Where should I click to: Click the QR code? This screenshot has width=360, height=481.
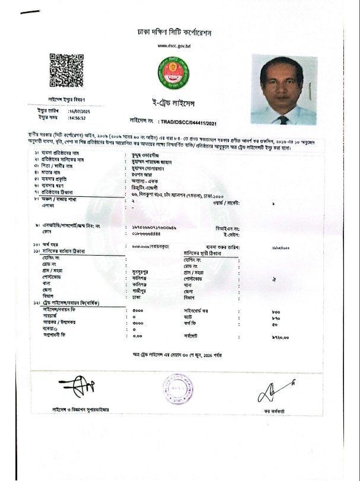click(x=65, y=71)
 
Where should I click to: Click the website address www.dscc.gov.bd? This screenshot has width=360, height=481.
click(x=174, y=46)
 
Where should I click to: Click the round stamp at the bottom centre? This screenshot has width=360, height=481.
click(x=173, y=390)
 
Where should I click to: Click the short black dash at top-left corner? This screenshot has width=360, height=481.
click(x=30, y=12)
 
